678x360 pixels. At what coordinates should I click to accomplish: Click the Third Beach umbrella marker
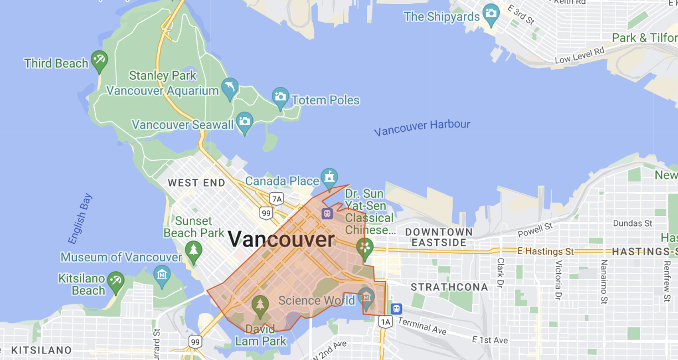click(x=99, y=60)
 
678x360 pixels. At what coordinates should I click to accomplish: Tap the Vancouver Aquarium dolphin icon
click(x=230, y=88)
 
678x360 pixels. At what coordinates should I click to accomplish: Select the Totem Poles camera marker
click(x=281, y=97)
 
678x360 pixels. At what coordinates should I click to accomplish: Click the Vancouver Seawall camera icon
click(x=244, y=122)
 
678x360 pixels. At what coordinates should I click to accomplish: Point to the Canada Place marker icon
click(x=329, y=178)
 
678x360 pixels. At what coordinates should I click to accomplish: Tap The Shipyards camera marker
click(x=490, y=14)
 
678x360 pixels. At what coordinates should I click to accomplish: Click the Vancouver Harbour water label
click(x=422, y=127)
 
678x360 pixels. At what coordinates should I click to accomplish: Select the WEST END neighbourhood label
click(x=196, y=183)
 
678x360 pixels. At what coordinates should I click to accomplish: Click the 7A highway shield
click(x=276, y=198)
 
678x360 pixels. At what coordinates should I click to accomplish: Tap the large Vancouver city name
click(x=281, y=240)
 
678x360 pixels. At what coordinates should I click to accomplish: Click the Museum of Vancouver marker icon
click(x=162, y=275)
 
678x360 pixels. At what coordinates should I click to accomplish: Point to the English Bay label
click(x=80, y=218)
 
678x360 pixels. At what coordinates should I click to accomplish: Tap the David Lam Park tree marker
click(x=260, y=305)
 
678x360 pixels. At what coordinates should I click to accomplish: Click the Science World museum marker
click(x=366, y=297)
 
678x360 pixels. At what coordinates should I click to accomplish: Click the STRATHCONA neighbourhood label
click(x=449, y=287)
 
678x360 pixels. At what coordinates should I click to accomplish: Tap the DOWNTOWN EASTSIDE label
click(x=439, y=237)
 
